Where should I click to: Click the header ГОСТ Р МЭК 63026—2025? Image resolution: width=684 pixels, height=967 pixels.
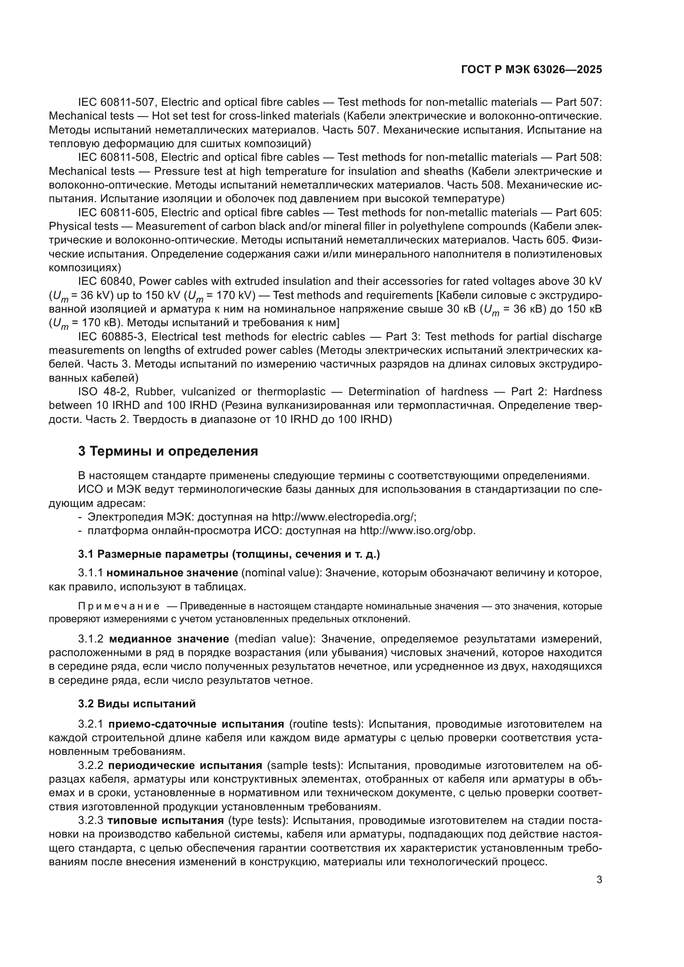(x=531, y=69)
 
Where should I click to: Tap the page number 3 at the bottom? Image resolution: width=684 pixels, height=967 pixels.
(x=599, y=880)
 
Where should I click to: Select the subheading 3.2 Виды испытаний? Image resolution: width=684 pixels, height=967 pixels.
(x=136, y=704)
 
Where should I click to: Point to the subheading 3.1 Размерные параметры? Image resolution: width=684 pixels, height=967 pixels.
(x=229, y=554)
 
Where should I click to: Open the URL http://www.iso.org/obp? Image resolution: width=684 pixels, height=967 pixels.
(x=417, y=531)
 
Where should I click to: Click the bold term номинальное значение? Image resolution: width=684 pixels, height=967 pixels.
(x=172, y=573)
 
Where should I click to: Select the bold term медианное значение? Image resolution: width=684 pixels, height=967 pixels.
(x=169, y=639)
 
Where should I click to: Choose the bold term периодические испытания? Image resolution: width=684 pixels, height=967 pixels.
(x=185, y=765)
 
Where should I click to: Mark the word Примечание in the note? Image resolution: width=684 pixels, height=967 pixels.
(x=119, y=606)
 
